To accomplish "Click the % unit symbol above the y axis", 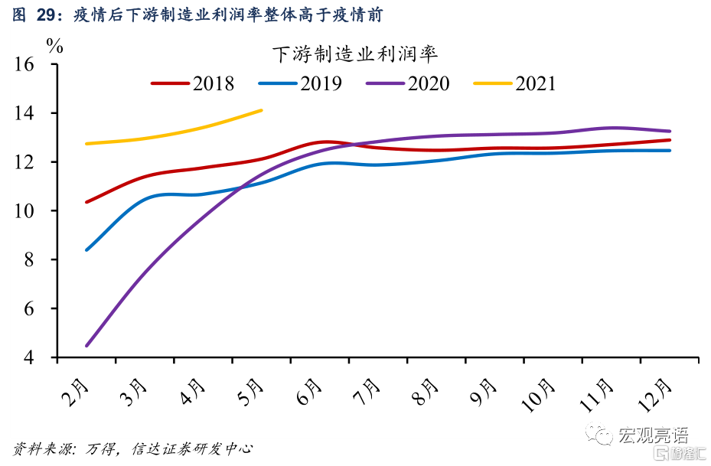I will tap(55, 44).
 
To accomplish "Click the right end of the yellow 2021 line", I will tap(261, 110).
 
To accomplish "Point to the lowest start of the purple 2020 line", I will tap(87, 345).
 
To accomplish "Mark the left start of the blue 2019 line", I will tap(86, 249).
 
